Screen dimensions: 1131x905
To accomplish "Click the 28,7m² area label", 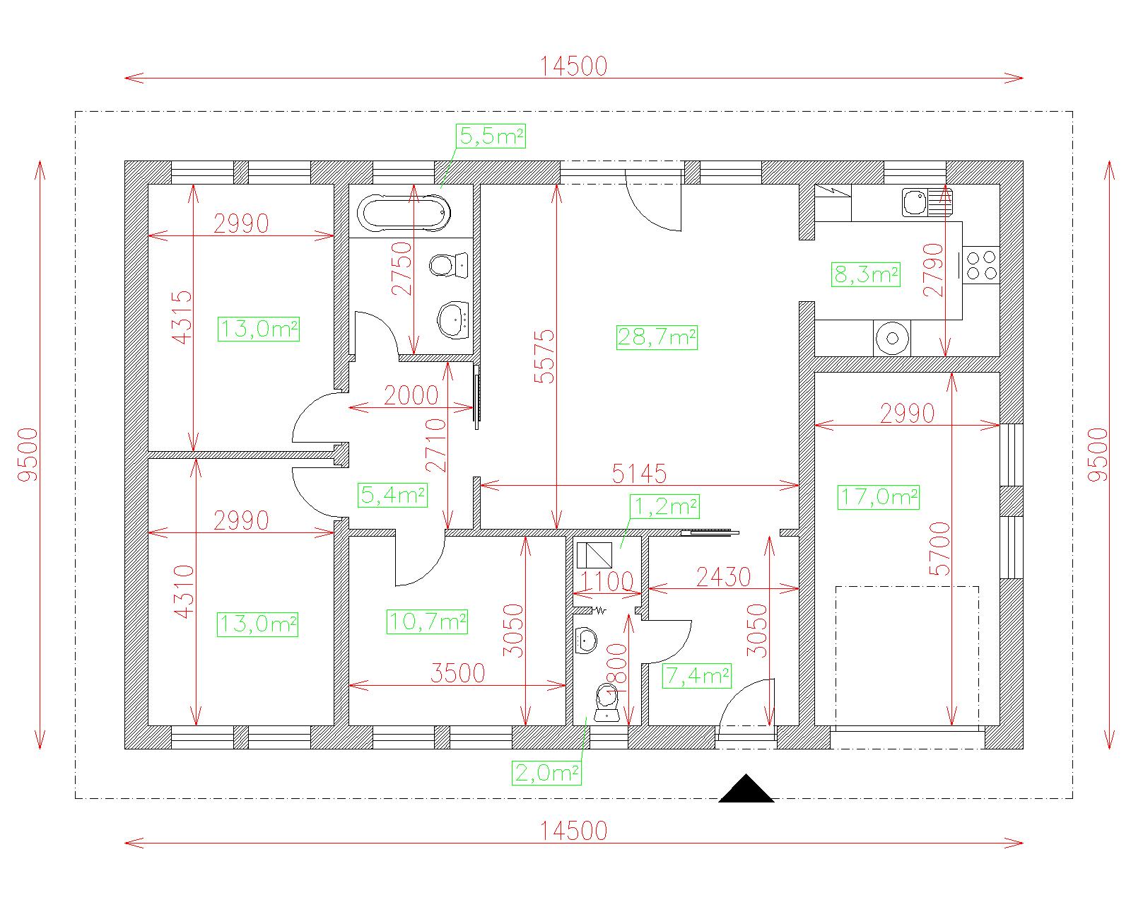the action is [657, 337].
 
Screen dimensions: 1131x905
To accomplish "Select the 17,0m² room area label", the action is [878, 498].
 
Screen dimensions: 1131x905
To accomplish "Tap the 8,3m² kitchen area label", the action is [866, 274].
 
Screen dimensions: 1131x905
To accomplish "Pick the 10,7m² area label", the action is [427, 621].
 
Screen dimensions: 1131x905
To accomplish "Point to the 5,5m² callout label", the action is [491, 136].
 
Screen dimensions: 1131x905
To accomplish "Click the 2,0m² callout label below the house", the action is [546, 773].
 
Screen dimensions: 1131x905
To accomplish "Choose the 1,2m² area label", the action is [665, 506].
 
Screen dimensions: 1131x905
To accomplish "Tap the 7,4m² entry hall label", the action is [697, 676].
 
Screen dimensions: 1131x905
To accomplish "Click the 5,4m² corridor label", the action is [392, 495].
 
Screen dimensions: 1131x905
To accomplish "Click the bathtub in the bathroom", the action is [404, 213].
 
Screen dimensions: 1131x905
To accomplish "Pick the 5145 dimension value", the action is [639, 474].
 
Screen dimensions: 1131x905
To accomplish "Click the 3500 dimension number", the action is [457, 673].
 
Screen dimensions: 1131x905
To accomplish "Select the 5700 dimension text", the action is [939, 549].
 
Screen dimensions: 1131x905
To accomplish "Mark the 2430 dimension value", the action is [724, 578].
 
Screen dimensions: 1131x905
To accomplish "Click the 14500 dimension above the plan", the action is [574, 66].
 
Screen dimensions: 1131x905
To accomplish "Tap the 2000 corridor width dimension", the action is [411, 395].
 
